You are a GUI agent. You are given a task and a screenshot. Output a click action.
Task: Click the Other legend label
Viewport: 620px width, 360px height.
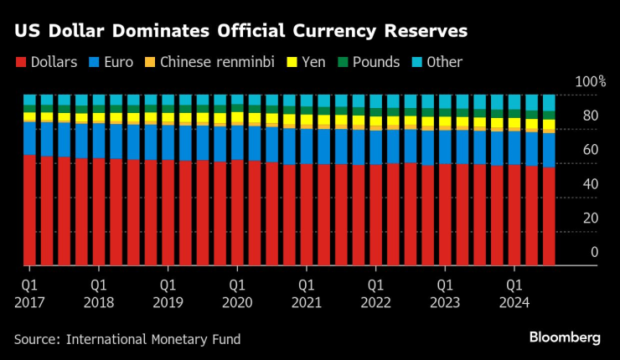[x=444, y=62]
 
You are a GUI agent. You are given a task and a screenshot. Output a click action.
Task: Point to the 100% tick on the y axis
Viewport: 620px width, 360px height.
[x=590, y=82]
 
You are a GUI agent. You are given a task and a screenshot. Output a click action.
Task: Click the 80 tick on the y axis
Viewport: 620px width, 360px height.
[x=592, y=116]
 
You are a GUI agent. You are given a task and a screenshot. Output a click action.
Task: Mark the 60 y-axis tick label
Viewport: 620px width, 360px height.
[x=592, y=150]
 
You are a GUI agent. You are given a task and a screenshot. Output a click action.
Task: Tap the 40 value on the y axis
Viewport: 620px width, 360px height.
[x=592, y=183]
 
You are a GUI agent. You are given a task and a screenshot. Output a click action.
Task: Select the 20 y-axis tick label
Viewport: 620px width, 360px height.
[x=592, y=218]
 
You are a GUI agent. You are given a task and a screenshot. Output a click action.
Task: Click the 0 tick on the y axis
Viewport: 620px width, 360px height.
[x=595, y=252]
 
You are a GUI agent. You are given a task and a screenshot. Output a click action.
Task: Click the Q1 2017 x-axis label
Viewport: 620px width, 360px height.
[x=28, y=293]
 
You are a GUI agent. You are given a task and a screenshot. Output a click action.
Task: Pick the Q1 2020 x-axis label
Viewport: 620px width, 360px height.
[x=237, y=293]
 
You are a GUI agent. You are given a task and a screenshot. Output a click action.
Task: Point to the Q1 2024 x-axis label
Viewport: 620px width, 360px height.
[x=514, y=293]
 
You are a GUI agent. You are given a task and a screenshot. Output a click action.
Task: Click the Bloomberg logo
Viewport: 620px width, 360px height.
[x=565, y=337]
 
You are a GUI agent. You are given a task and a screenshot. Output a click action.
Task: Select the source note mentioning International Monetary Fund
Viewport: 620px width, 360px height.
[x=127, y=339]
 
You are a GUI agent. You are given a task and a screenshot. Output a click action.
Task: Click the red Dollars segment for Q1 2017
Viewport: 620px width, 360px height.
[x=29, y=209]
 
